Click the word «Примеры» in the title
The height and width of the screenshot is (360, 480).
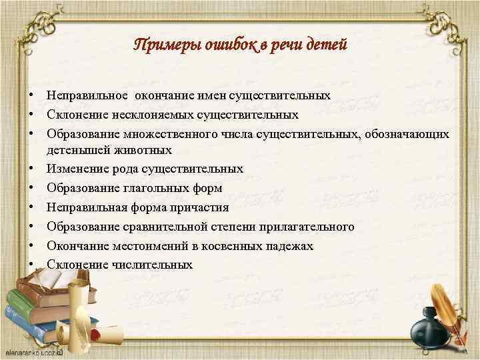[x=162, y=45]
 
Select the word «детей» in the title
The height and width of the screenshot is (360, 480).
[x=323, y=45]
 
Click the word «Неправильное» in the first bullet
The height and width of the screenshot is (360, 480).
[x=88, y=95]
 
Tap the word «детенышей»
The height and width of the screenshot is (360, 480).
[x=75, y=150]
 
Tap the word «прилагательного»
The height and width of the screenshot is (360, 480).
[x=303, y=227]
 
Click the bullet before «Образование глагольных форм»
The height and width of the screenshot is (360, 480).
[x=32, y=189]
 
